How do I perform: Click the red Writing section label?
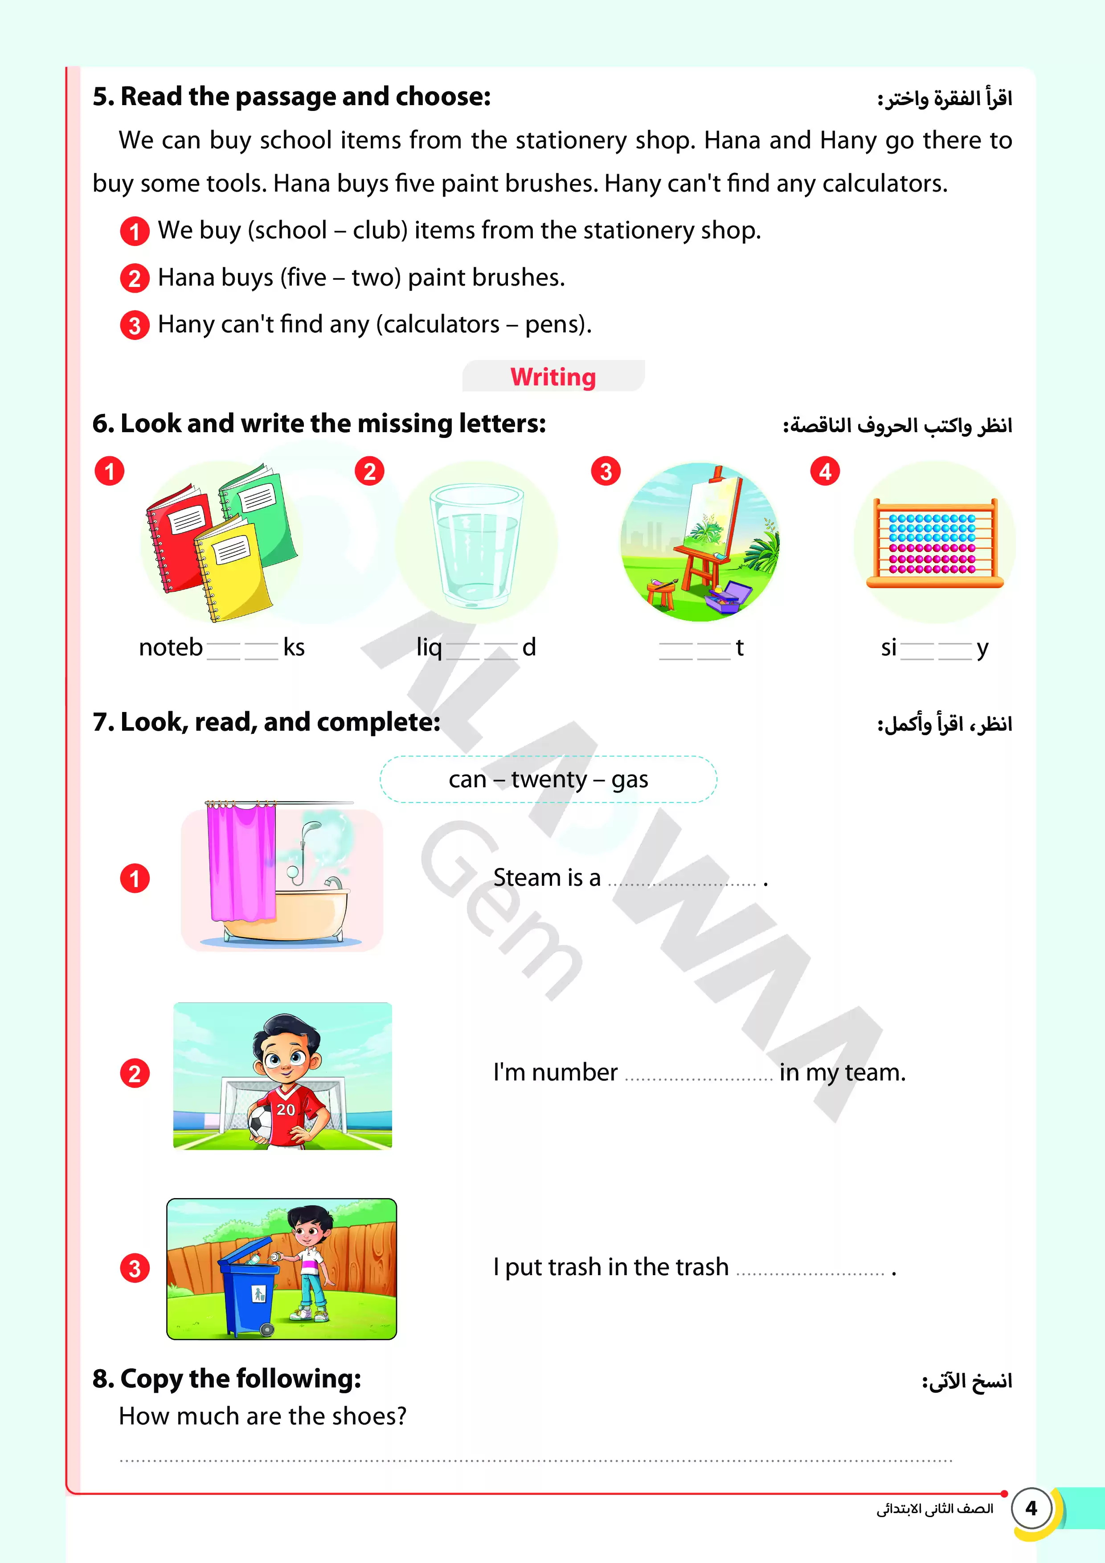click(553, 377)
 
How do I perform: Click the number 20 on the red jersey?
click(286, 1109)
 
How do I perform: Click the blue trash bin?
click(249, 1290)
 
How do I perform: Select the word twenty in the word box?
click(549, 779)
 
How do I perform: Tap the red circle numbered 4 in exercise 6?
click(824, 471)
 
